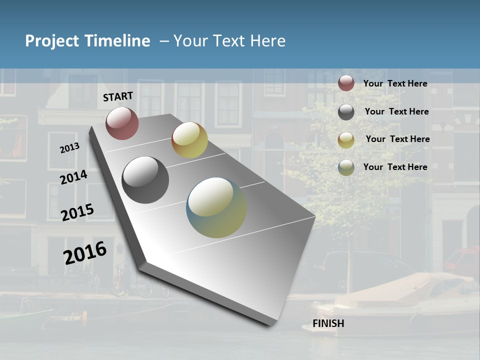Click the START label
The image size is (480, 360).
[x=118, y=96]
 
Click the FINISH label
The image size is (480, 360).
[x=328, y=323]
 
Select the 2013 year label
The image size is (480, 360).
[x=69, y=148]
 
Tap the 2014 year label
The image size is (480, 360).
[x=73, y=177]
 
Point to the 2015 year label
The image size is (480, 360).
[x=77, y=212]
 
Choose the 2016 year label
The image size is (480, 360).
[x=85, y=252]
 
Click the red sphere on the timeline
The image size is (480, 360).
[x=122, y=123]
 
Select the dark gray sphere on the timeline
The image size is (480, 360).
[x=145, y=180]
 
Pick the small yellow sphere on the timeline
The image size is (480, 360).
[x=189, y=140]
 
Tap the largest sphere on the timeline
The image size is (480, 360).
[x=216, y=207]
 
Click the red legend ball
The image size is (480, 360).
[x=346, y=83]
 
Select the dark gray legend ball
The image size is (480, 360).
[x=346, y=112]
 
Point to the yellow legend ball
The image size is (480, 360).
[x=346, y=140]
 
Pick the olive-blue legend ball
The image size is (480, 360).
[x=346, y=167]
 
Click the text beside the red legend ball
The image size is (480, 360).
[x=395, y=83]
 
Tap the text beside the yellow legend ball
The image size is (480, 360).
[x=397, y=139]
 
